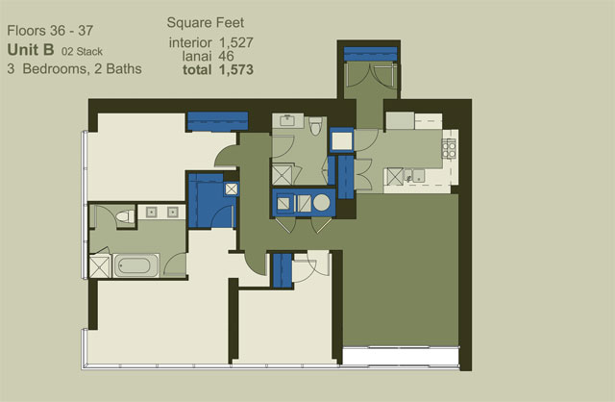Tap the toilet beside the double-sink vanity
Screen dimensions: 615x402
tap(126, 216)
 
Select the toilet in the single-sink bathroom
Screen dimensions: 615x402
tap(315, 126)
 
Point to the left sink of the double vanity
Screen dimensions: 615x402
tap(152, 213)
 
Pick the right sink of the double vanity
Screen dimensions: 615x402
tap(173, 213)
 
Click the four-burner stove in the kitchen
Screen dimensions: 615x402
tap(449, 149)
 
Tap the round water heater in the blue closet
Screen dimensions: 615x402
tap(322, 203)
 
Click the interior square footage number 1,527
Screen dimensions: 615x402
tap(236, 42)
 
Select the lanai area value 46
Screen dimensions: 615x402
tap(226, 56)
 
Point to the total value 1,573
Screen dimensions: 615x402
tap(236, 70)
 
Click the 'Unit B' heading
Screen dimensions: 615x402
tap(31, 50)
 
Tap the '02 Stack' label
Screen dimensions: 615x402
tap(82, 51)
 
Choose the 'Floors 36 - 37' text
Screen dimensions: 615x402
tap(50, 31)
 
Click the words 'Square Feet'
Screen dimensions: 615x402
tap(205, 23)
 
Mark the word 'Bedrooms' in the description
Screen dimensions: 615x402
tap(55, 68)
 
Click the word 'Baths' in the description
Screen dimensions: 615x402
tap(124, 68)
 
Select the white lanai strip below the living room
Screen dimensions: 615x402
tap(401, 357)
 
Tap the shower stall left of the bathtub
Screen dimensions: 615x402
tap(100, 266)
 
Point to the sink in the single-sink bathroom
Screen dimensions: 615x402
tap(288, 121)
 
